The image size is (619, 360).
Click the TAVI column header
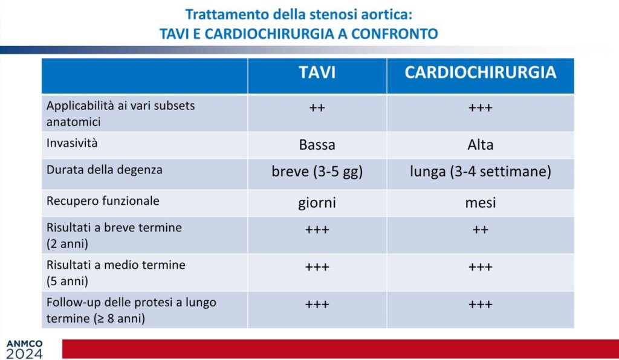(x=317, y=72)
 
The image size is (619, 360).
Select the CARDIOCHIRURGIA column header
(x=481, y=72)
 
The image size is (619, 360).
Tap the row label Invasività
(x=72, y=143)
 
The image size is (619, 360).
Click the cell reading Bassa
(x=317, y=145)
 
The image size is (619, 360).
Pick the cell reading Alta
(x=481, y=145)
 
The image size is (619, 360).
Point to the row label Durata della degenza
(x=104, y=170)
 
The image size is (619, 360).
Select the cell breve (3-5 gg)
(x=317, y=172)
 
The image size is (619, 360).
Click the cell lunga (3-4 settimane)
(x=481, y=172)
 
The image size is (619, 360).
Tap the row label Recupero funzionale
(x=103, y=201)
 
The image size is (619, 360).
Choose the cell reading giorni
(x=317, y=203)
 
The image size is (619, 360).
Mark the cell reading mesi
(x=481, y=203)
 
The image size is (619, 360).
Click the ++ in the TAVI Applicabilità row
(x=317, y=108)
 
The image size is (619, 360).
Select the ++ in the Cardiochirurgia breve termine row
(x=481, y=230)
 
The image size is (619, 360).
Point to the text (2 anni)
(x=67, y=243)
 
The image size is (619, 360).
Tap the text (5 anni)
(x=67, y=281)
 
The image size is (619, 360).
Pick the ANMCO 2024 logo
(x=24, y=349)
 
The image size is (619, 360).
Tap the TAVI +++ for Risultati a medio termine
(x=317, y=267)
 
